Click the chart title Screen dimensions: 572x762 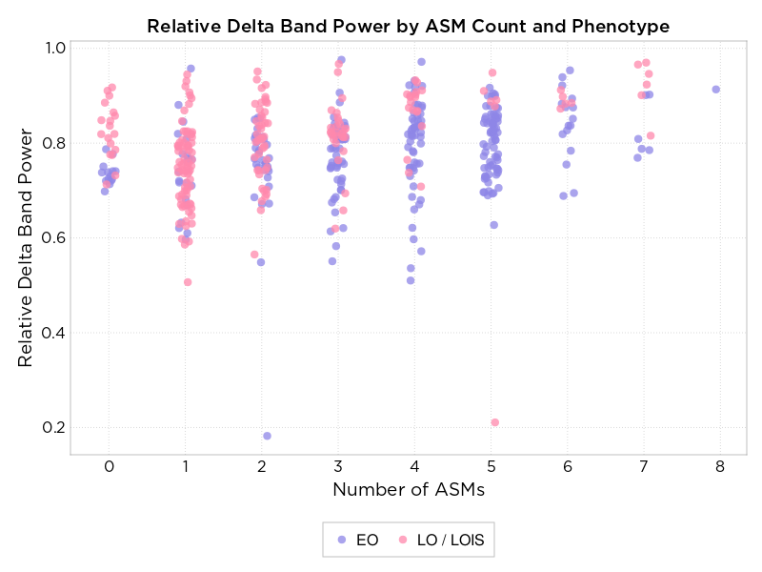(408, 26)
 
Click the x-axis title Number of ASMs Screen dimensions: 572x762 (408, 490)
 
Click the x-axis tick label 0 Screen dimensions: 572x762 (110, 466)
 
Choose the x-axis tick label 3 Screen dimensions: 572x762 (338, 466)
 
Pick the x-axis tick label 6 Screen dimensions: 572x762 (568, 466)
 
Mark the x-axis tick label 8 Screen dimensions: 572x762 (720, 466)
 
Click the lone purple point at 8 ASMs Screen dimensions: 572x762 (716, 90)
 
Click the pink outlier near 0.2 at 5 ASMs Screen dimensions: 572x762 (494, 422)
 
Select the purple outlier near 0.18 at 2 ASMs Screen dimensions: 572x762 (267, 436)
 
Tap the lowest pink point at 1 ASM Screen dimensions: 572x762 (188, 282)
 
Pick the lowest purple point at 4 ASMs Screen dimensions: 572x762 (411, 280)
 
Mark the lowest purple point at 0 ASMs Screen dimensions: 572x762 (105, 191)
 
